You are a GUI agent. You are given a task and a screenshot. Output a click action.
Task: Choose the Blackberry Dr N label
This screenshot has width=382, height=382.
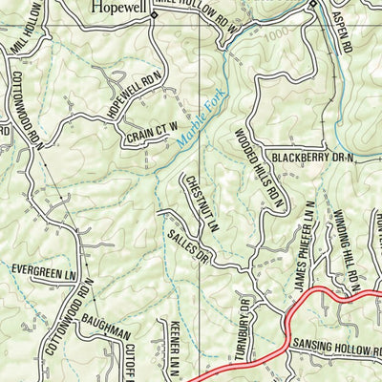[311, 156]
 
